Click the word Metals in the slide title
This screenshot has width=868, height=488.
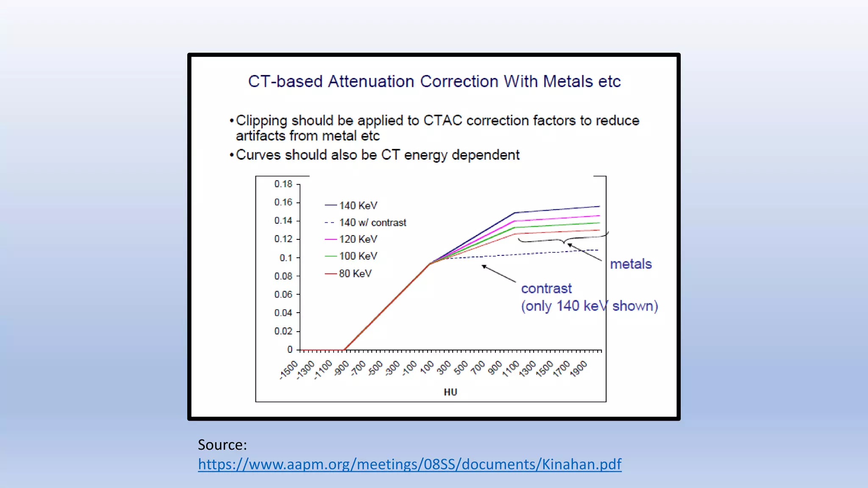[x=568, y=81]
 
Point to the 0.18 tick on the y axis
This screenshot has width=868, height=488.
[x=283, y=184]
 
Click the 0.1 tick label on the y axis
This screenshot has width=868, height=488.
[x=286, y=258]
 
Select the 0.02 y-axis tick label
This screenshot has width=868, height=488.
[x=283, y=331]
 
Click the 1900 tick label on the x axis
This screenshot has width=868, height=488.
[x=579, y=369]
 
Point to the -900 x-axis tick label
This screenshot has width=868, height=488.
[x=341, y=368]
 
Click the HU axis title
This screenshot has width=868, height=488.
[x=450, y=392]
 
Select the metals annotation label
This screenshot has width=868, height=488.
[x=630, y=264]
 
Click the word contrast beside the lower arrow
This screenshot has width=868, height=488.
[x=546, y=288]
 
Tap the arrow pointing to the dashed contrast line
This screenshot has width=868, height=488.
[x=498, y=274]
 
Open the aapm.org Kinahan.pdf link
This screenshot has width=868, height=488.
[x=409, y=464]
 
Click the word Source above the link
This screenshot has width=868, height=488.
[x=222, y=444]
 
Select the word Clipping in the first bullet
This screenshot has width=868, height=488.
[x=262, y=121]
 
